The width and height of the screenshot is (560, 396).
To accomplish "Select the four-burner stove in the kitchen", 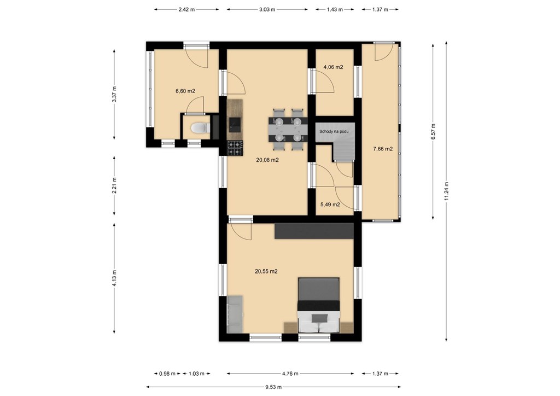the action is point(235,148).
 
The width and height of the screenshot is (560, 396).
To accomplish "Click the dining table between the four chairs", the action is point(288,129).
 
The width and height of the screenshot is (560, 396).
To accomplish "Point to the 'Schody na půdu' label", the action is point(334,131).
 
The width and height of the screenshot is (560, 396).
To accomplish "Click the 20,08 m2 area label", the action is point(267,160).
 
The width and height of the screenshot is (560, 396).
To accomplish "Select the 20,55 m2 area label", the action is point(266,271).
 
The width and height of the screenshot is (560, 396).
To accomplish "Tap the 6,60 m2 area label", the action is point(185,91).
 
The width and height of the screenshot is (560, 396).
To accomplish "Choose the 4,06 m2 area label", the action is point(333,67).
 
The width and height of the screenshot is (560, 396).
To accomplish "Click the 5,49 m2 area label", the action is point(330,205).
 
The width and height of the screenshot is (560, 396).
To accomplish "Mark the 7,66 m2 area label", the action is point(383,149).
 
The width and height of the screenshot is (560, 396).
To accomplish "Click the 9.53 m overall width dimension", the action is point(273,387).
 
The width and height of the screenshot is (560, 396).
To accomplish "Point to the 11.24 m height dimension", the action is point(446,191).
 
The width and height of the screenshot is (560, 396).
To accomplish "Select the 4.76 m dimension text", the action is point(290,374).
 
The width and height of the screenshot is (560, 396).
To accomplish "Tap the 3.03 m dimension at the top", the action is point(267,10).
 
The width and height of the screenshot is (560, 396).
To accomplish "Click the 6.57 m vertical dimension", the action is point(433,131).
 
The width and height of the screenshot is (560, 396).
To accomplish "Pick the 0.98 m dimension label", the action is point(167,374).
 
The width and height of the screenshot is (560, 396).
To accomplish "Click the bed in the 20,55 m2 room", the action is point(319,305).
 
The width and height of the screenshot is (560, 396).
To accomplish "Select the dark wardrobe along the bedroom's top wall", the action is point(314,231).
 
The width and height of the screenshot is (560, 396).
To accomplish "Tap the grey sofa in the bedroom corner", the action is point(235,314).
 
